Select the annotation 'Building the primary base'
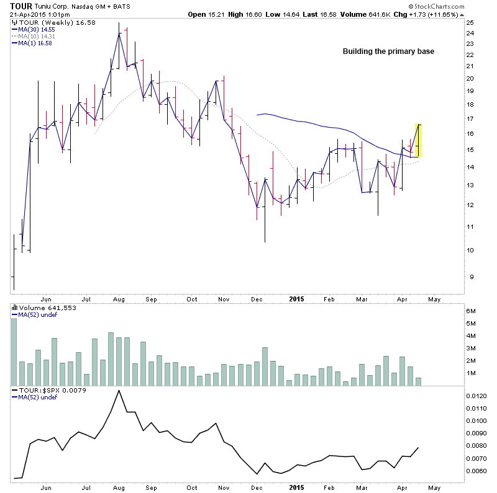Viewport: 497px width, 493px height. [388, 51]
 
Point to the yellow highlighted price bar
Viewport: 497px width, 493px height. [419, 140]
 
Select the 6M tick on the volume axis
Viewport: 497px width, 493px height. [472, 311]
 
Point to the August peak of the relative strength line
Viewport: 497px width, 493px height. [118, 391]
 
